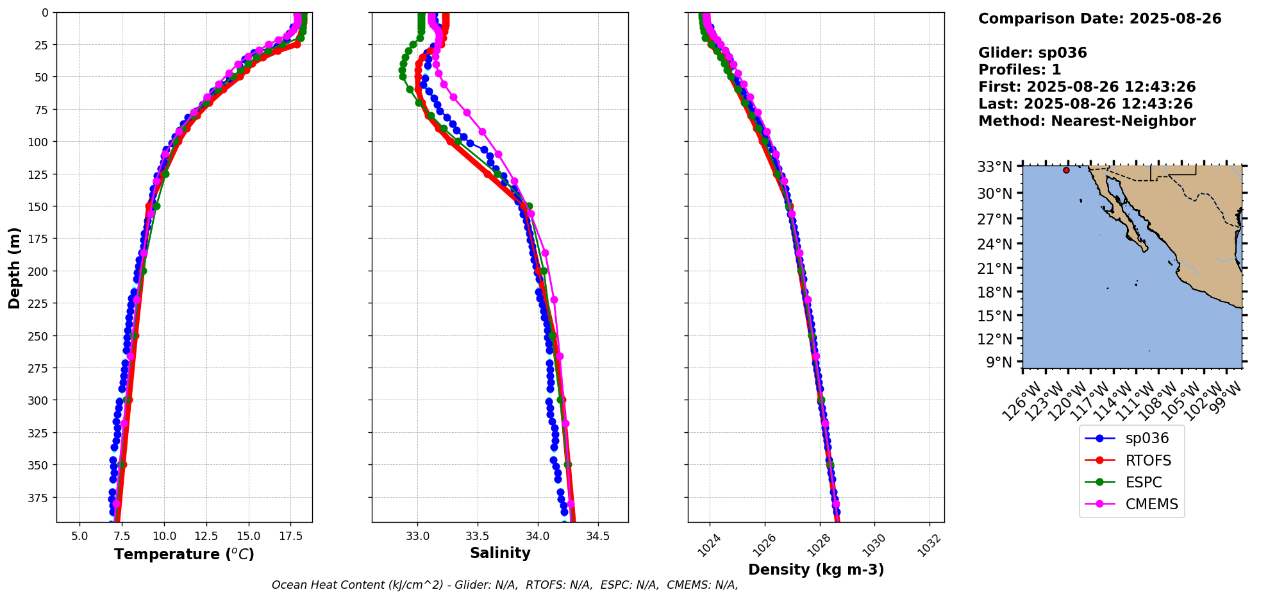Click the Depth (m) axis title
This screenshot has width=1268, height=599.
[14, 267]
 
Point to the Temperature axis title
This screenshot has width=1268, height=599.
[184, 554]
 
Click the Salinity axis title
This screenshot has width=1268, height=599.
[500, 553]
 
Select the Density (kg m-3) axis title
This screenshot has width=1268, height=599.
[816, 569]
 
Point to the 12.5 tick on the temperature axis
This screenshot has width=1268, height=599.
[206, 536]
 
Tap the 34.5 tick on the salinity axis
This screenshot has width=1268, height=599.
[597, 536]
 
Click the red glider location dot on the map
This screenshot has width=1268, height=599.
[1066, 170]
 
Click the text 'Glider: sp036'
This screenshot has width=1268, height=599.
[1032, 53]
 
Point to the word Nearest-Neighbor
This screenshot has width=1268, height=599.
[1123, 121]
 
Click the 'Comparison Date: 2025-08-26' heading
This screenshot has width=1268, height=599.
[1099, 19]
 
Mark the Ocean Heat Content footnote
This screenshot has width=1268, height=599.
[505, 585]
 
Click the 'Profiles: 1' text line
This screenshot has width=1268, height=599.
[1019, 70]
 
